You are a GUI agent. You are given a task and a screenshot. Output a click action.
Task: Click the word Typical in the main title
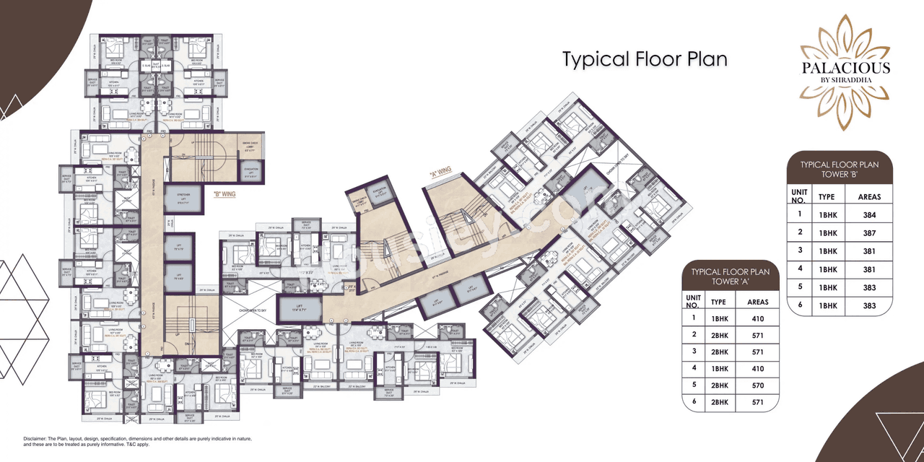pyautogui.click(x=596, y=59)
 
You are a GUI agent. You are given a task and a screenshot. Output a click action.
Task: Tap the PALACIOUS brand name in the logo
pyautogui.click(x=845, y=69)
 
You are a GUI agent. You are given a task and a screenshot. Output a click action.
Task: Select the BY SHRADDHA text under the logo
pyautogui.click(x=845, y=82)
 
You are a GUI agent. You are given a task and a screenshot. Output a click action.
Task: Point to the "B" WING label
pyautogui.click(x=225, y=193)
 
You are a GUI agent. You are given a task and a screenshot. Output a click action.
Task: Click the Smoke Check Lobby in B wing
pyautogui.click(x=252, y=147)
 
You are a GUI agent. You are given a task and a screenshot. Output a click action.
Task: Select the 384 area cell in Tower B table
pyautogui.click(x=869, y=214)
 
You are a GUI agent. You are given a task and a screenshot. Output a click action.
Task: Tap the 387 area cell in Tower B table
pyautogui.click(x=869, y=233)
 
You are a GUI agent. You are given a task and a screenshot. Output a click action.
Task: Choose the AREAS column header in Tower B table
pyautogui.click(x=869, y=196)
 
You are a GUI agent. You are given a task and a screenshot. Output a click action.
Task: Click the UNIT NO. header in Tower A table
pyautogui.click(x=694, y=302)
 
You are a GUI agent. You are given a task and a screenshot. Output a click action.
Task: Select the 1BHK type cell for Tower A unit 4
pyautogui.click(x=718, y=368)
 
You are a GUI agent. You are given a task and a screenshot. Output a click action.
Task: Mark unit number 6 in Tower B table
pyautogui.click(x=799, y=306)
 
